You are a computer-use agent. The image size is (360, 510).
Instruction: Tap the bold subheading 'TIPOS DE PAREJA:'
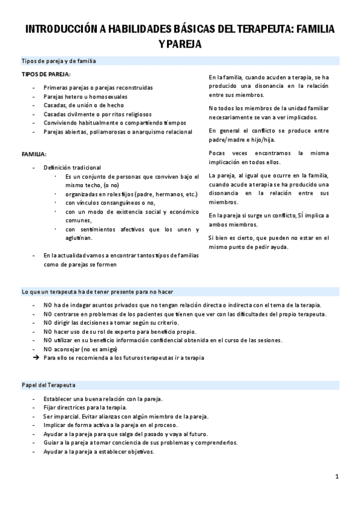point(46,75)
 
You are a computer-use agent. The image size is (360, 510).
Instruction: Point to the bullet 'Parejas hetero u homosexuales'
point(85,96)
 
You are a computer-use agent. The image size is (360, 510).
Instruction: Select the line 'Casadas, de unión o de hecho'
point(83,105)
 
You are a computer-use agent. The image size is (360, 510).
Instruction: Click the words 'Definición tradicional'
point(72,167)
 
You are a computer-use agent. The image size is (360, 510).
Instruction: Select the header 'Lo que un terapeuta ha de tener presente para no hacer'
point(97,292)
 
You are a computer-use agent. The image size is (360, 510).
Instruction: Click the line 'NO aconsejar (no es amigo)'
point(80,349)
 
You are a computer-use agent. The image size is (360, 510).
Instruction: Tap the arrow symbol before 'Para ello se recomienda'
point(36,358)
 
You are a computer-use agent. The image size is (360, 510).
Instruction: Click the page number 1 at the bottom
point(337,477)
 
